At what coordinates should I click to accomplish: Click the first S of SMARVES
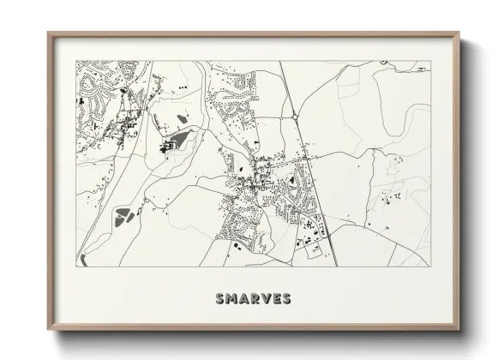tap(219, 299)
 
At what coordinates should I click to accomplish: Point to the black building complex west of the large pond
tap(167, 147)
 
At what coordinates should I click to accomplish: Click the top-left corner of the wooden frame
tap(49, 33)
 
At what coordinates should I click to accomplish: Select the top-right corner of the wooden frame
tap(459, 33)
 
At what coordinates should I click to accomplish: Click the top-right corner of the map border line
tap(430, 60)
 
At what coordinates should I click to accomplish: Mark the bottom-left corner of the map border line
tap(76, 266)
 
